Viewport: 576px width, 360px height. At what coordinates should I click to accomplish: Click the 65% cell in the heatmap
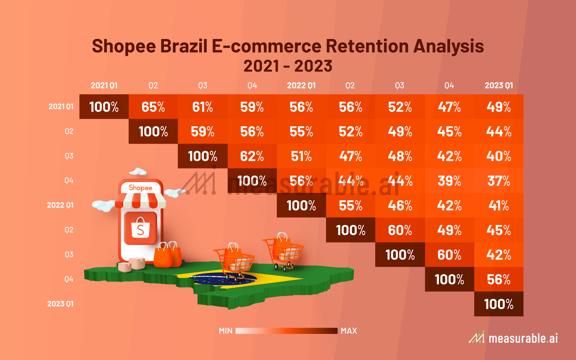pyautogui.click(x=153, y=107)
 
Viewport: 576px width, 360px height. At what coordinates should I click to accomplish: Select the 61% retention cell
pyautogui.click(x=202, y=107)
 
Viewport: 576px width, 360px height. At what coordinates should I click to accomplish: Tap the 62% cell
pyautogui.click(x=252, y=156)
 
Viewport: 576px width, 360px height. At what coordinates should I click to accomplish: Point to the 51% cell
pyautogui.click(x=301, y=156)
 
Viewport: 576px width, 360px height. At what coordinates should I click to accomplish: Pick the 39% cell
pyautogui.click(x=449, y=181)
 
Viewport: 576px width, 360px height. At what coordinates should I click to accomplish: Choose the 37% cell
pyautogui.click(x=499, y=181)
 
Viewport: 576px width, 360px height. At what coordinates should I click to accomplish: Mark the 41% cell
pyautogui.click(x=499, y=205)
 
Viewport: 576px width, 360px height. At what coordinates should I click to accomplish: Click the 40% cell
pyautogui.click(x=499, y=156)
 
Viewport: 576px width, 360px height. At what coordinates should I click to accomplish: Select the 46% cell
pyautogui.click(x=400, y=205)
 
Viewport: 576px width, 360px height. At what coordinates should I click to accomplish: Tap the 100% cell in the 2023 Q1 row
pyautogui.click(x=499, y=304)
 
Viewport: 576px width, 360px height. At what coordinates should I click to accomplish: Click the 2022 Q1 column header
pyautogui.click(x=301, y=85)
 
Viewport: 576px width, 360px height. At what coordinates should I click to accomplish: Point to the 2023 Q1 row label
pyautogui.click(x=60, y=304)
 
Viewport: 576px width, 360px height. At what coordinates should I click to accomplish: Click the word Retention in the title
pyautogui.click(x=367, y=46)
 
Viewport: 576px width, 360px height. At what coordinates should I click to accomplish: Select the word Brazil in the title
pyautogui.click(x=184, y=46)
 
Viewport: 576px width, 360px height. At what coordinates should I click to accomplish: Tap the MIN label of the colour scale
pyautogui.click(x=226, y=331)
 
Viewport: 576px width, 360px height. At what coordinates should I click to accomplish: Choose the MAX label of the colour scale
pyautogui.click(x=349, y=331)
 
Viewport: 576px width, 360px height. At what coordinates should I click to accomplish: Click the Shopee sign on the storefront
pyautogui.click(x=140, y=188)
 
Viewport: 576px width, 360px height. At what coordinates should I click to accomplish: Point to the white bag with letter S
pyautogui.click(x=140, y=229)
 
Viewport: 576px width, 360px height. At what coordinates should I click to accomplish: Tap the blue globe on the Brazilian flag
pyautogui.click(x=223, y=279)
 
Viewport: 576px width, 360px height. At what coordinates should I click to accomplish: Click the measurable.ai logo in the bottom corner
pyautogui.click(x=513, y=338)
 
